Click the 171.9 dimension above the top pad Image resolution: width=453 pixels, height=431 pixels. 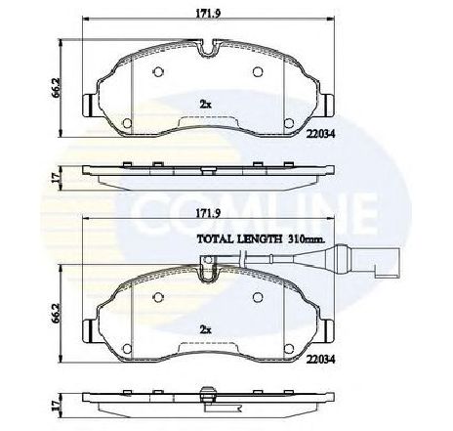click(209, 14)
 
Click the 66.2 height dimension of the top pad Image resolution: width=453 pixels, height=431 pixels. click(56, 88)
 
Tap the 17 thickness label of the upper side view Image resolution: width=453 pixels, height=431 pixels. click(56, 177)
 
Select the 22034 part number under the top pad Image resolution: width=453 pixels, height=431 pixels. click(321, 134)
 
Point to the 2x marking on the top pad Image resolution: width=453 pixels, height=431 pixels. click(205, 105)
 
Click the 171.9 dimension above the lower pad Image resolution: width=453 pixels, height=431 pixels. click(208, 213)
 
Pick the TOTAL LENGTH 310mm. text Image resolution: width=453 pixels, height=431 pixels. click(262, 239)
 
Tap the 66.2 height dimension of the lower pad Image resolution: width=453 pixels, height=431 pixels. click(56, 314)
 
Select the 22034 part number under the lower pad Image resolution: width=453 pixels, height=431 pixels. click(321, 360)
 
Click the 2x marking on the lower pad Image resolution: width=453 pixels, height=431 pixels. click(205, 330)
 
